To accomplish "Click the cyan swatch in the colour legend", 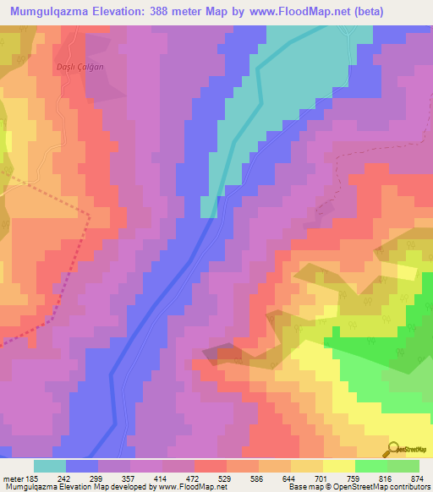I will [x=50, y=466].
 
